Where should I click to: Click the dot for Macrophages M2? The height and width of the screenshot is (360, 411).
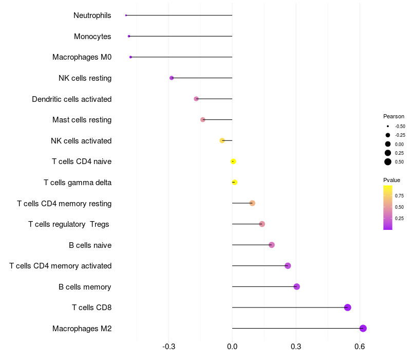pos(363,328)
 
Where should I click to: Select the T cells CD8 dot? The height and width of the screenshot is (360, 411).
pos(347,308)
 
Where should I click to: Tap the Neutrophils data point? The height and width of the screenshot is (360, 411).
pos(126,15)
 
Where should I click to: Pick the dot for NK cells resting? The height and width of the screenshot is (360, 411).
pos(172,78)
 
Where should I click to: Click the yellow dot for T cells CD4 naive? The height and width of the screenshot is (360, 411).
pos(233,161)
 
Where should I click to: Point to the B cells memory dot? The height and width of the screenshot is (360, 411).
pos(296,286)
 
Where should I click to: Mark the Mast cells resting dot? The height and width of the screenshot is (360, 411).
pos(203,120)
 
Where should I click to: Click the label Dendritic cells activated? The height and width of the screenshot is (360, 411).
pos(71,99)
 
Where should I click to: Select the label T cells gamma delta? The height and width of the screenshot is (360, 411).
pos(78,182)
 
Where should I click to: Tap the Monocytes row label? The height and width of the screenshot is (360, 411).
pos(92,37)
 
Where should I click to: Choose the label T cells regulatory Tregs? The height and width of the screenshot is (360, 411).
pos(69,224)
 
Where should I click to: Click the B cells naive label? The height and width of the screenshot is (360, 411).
pos(90,245)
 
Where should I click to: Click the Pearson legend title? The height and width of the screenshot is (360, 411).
pos(394,116)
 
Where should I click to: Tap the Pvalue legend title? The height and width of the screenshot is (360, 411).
pos(391,180)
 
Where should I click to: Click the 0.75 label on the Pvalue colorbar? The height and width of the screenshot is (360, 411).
pos(399,196)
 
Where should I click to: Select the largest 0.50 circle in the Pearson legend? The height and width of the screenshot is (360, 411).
pos(388,162)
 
